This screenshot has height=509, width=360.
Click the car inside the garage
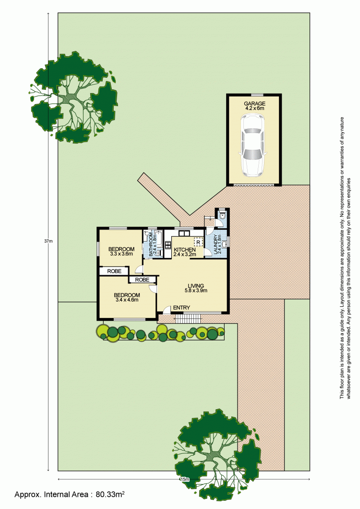[x=253, y=146]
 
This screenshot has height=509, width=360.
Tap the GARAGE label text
[x=254, y=103]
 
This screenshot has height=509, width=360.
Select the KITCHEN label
[x=184, y=250]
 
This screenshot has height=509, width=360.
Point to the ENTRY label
[x=181, y=308]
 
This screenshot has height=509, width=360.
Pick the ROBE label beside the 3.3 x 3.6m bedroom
[x=114, y=271]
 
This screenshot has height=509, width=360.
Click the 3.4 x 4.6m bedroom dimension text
[x=127, y=300]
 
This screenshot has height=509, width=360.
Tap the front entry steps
[x=188, y=318]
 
